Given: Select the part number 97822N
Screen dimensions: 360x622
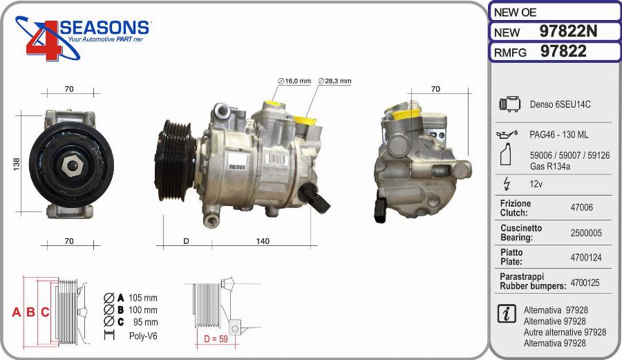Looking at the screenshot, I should (567, 32).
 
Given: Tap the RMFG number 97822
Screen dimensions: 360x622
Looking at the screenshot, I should (563, 52).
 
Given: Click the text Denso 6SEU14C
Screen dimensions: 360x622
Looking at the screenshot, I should (560, 104).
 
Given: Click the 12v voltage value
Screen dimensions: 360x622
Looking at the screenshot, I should (536, 184).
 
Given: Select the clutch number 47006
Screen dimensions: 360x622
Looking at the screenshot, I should (581, 207).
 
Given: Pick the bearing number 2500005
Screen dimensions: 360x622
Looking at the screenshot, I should (585, 233).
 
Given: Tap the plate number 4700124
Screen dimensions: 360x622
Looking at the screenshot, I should (585, 258).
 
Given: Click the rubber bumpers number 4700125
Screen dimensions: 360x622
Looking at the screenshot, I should (585, 283).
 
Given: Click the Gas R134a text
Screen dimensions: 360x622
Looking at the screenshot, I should (549, 167).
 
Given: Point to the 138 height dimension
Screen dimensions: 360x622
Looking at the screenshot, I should (17, 164).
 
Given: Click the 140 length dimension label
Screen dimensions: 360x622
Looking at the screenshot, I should (263, 241).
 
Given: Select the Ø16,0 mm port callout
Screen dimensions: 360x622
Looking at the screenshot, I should (295, 81).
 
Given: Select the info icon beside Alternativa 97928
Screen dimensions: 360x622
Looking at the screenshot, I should (507, 313).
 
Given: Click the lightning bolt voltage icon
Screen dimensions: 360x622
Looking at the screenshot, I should (507, 184).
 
